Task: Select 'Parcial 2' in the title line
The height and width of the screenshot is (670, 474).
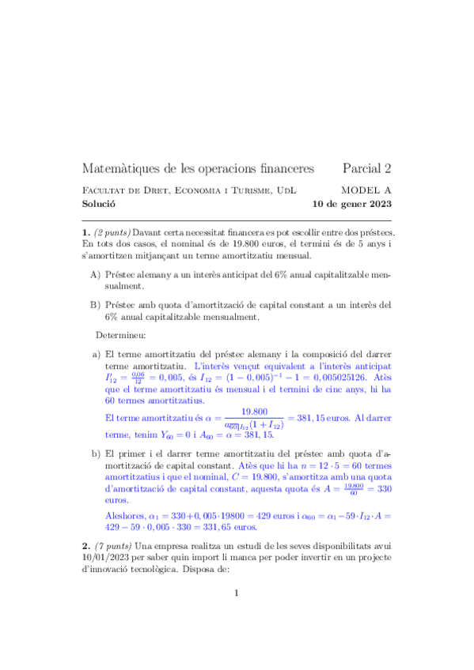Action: tap(367, 168)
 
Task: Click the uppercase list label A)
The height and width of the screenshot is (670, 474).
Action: tap(95, 274)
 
